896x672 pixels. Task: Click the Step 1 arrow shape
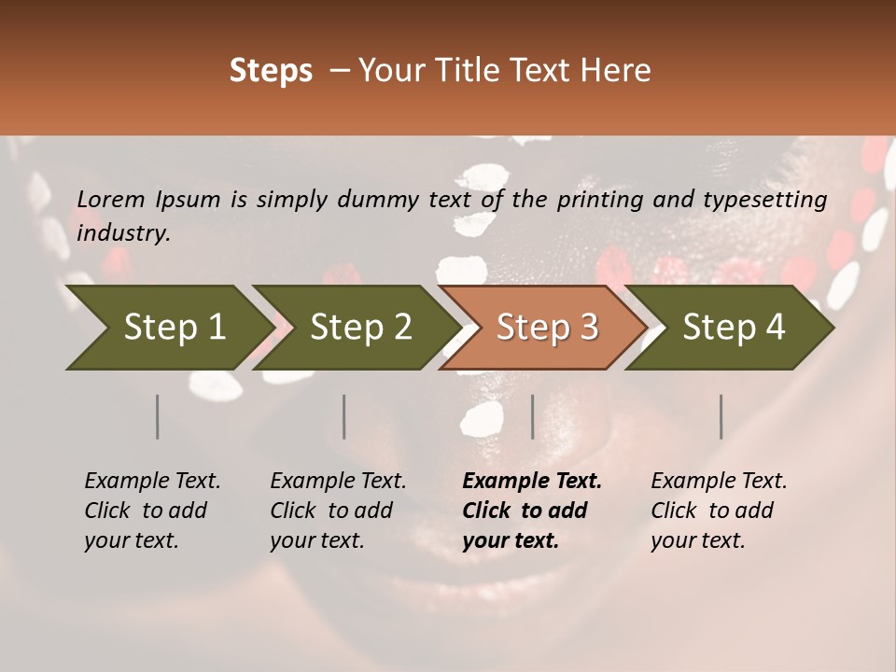pyautogui.click(x=168, y=328)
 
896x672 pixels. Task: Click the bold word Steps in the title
pyautogui.click(x=271, y=71)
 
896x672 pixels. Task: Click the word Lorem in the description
pyautogui.click(x=111, y=200)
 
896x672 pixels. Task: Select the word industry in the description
pyautogui.click(x=122, y=233)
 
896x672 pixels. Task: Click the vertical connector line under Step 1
pyautogui.click(x=158, y=416)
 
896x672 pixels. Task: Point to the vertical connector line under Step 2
pyautogui.click(x=344, y=416)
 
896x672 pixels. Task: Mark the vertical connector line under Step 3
pyautogui.click(x=533, y=416)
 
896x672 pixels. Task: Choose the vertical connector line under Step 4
pyautogui.click(x=721, y=416)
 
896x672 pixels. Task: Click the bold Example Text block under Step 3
pyautogui.click(x=532, y=511)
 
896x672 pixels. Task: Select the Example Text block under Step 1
pyautogui.click(x=152, y=511)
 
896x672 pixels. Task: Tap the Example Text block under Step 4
pyautogui.click(x=719, y=511)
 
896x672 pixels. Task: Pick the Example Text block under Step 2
pyautogui.click(x=338, y=511)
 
